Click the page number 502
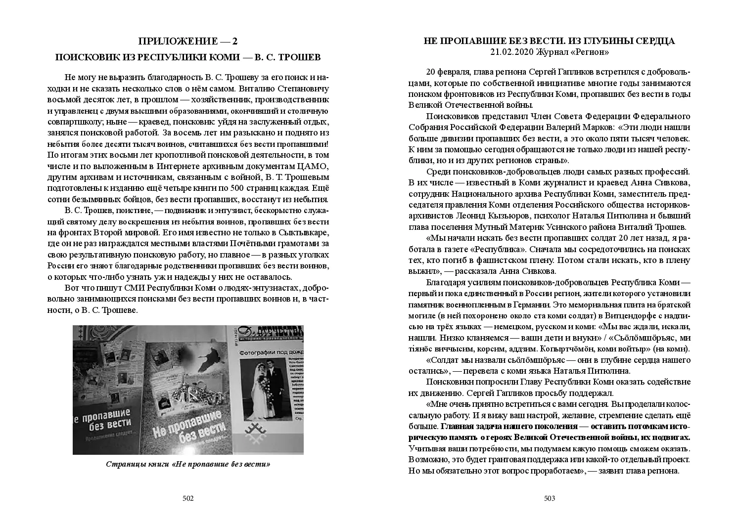[188, 498]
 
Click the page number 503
[550, 498]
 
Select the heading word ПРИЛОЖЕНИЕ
[168, 41]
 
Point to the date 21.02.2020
[510, 51]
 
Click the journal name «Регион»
[588, 51]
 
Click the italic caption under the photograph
[188, 464]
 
